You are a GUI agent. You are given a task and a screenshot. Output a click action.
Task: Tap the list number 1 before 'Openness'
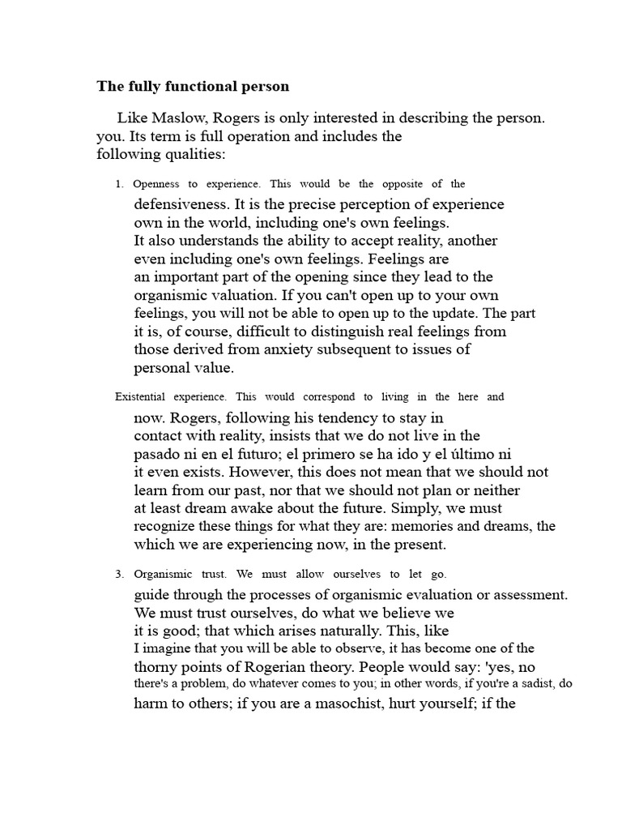[x=119, y=184]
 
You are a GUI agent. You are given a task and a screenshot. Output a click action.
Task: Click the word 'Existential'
[x=143, y=396]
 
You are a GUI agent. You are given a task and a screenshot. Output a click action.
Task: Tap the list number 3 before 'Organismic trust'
[x=119, y=575]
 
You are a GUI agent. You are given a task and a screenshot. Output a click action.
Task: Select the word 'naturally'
[x=359, y=630]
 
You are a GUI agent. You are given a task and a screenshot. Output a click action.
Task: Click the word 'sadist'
[x=532, y=684]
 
